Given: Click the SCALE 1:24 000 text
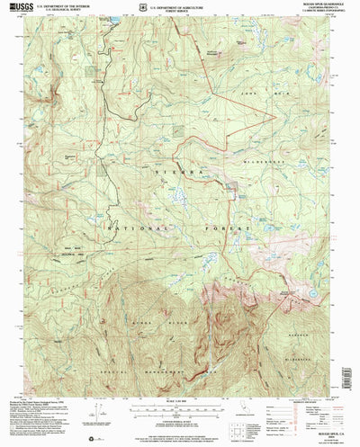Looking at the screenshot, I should (180, 389).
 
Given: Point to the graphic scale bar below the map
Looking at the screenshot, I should (180, 396).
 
